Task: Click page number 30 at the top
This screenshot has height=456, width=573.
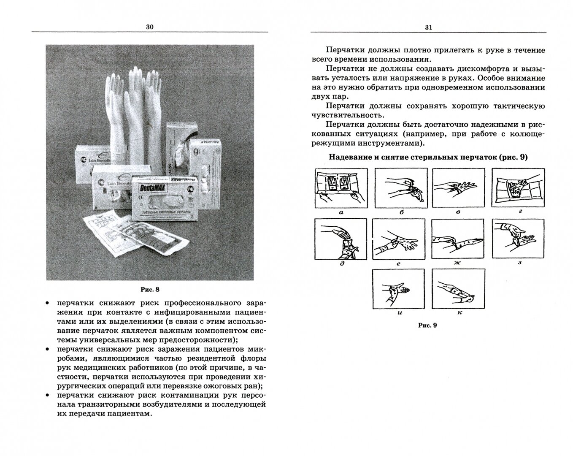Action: (x=150, y=27)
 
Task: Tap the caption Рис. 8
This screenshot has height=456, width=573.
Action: (x=150, y=290)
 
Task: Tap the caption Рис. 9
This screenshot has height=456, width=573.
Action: (x=427, y=325)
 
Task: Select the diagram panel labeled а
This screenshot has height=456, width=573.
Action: (x=341, y=187)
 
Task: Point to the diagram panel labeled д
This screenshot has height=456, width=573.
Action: (x=341, y=240)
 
